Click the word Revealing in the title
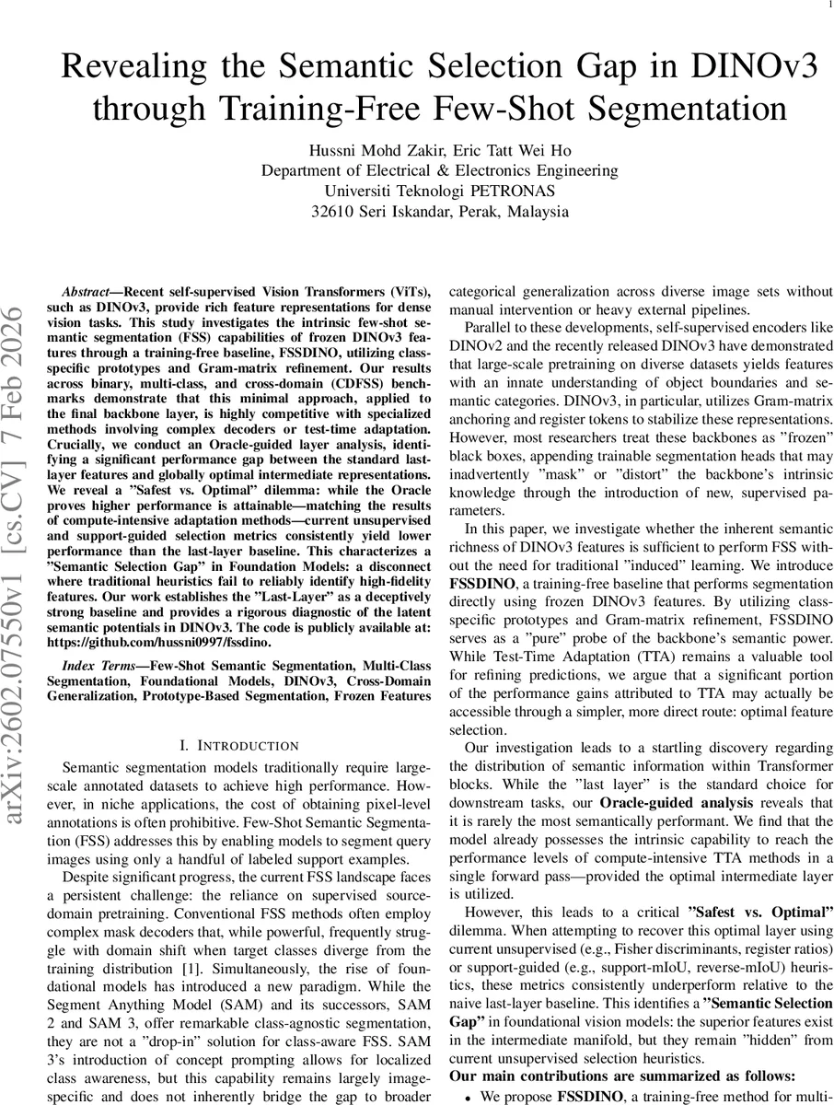pyautogui.click(x=141, y=70)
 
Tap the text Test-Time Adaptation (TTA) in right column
pyautogui.click(x=562, y=656)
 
